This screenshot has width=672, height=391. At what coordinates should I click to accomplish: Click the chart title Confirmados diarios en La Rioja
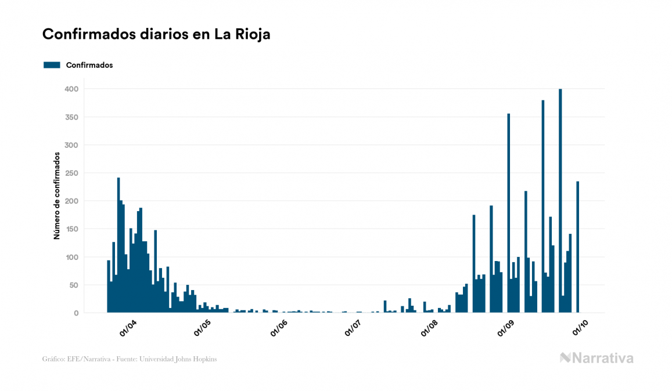(156, 34)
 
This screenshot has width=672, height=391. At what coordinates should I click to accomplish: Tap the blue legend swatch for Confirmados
(52, 65)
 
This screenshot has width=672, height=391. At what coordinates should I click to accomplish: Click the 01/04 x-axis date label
(128, 328)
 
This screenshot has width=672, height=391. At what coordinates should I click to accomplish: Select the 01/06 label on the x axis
(279, 328)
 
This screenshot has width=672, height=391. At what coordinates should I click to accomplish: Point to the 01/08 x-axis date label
(430, 328)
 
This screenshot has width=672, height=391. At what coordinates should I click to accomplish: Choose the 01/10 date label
(581, 328)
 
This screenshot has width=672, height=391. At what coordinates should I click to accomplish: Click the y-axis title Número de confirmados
(57, 195)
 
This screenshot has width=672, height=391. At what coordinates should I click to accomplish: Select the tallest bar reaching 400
(560, 201)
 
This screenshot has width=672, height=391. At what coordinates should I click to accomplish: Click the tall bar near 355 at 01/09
(509, 213)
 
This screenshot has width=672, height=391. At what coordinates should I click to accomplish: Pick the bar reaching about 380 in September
(543, 207)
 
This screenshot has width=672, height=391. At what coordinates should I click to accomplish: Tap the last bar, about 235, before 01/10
(578, 247)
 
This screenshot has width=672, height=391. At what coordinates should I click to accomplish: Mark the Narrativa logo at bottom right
(596, 358)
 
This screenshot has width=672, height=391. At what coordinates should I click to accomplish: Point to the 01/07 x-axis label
(354, 328)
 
